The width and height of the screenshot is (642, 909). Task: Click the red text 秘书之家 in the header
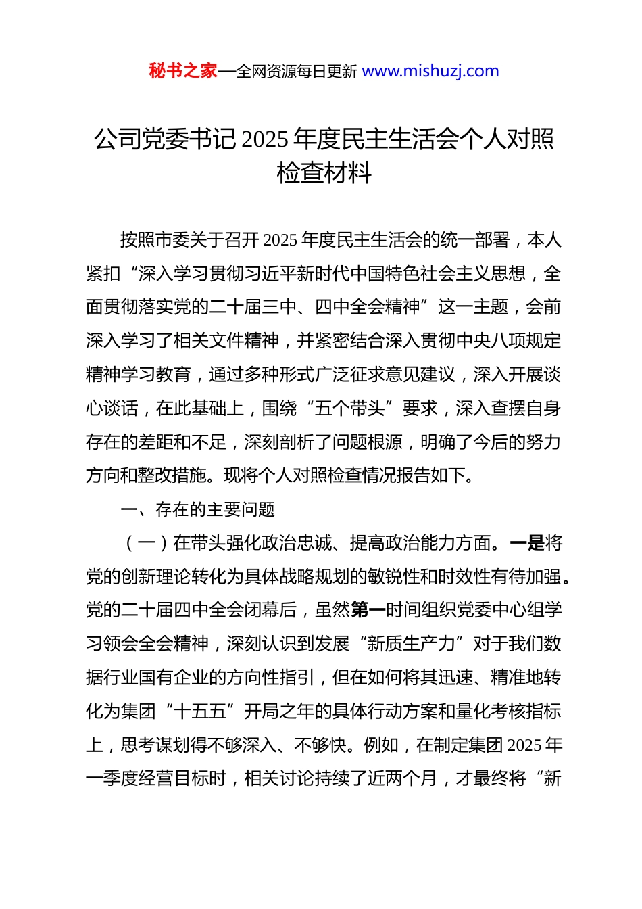(x=183, y=71)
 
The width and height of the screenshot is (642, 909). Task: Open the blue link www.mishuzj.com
(x=430, y=71)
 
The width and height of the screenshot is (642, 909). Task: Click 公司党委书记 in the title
(x=166, y=139)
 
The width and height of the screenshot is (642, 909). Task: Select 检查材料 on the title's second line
(x=324, y=173)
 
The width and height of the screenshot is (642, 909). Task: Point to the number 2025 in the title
(x=266, y=140)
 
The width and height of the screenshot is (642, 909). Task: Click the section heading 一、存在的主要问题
(x=197, y=509)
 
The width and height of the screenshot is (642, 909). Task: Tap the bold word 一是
(x=527, y=543)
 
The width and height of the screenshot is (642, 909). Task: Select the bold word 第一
(x=368, y=610)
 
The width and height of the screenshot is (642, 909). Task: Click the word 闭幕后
(x=271, y=610)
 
